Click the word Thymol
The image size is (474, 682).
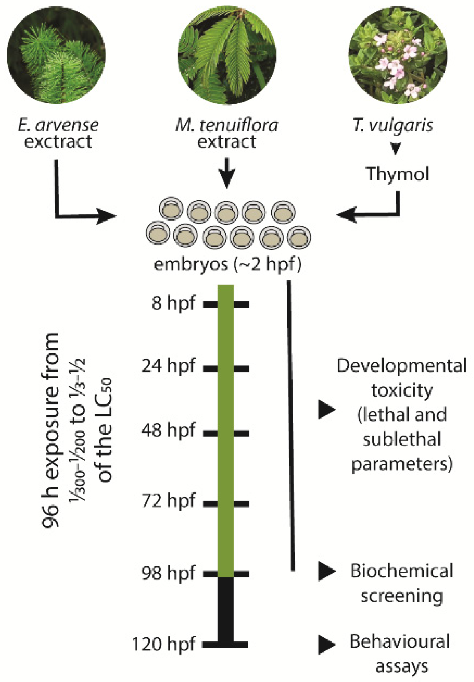point(397,174)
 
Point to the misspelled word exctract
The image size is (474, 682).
point(58,142)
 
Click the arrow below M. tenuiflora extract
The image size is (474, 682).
point(227,172)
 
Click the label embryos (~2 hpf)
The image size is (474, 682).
point(228,265)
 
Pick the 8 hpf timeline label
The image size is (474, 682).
point(174,303)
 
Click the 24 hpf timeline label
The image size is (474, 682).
point(168,365)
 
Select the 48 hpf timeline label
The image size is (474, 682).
point(168,431)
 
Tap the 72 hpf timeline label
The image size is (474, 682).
point(168,501)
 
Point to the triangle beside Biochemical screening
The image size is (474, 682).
point(327,572)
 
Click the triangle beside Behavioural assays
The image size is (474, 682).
point(327,645)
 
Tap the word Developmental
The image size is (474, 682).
point(402,366)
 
